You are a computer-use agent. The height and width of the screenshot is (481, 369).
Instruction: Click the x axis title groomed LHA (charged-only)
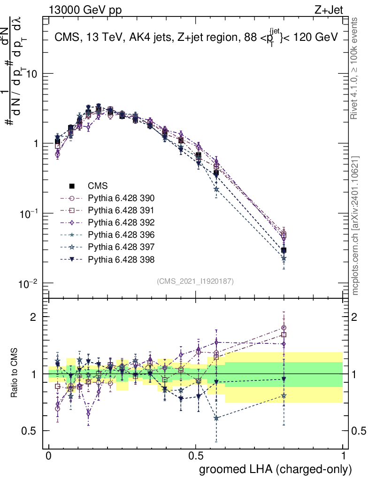click(276, 469)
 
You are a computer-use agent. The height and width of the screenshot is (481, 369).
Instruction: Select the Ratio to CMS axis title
click(15, 373)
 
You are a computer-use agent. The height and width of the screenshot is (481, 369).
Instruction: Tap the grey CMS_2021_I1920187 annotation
click(195, 281)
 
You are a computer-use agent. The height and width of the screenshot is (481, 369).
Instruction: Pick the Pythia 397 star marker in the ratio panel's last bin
click(284, 396)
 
